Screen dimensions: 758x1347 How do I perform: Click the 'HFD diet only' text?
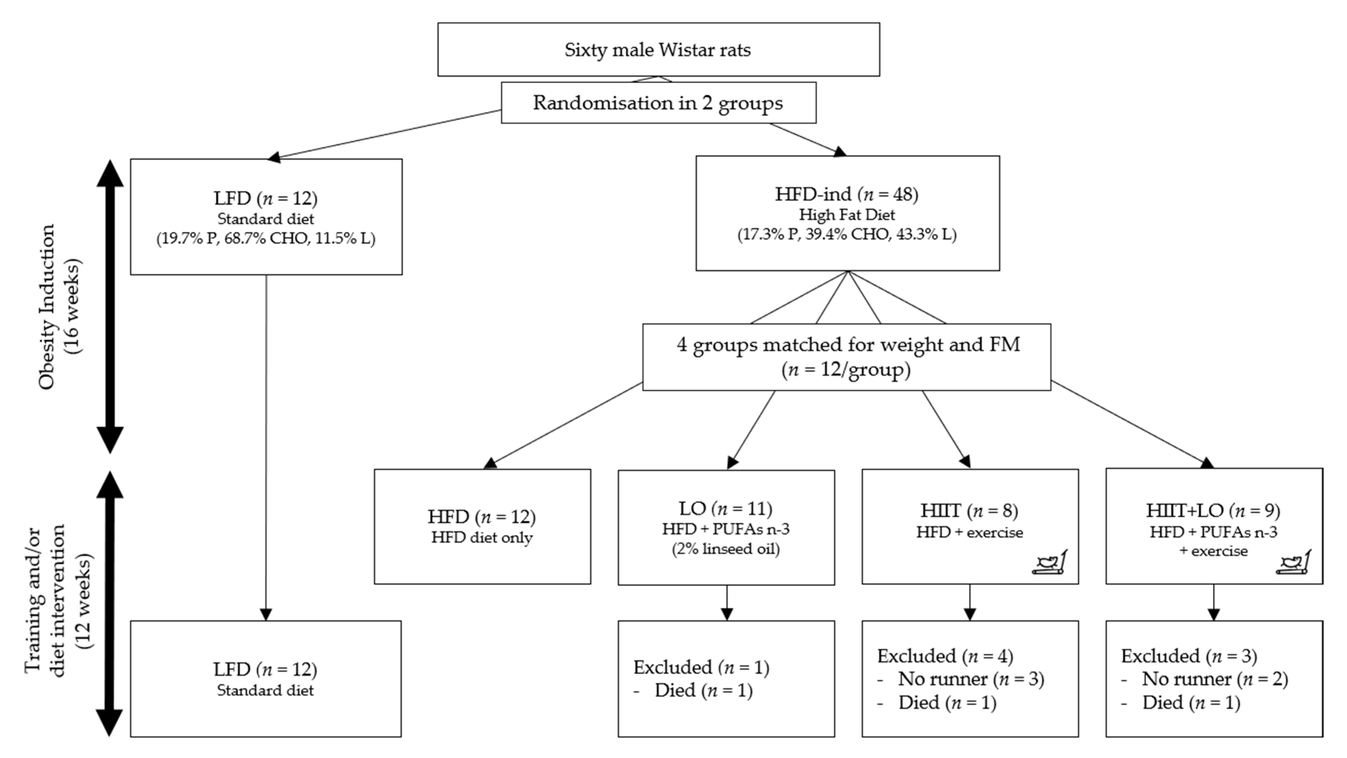tap(482, 538)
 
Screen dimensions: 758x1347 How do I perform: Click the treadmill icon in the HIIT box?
tap(1050, 563)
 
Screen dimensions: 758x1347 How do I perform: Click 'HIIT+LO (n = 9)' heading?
tap(1213, 511)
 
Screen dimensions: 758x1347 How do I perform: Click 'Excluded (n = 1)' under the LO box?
tap(701, 668)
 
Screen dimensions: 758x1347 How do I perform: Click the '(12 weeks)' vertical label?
tap(84, 601)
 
